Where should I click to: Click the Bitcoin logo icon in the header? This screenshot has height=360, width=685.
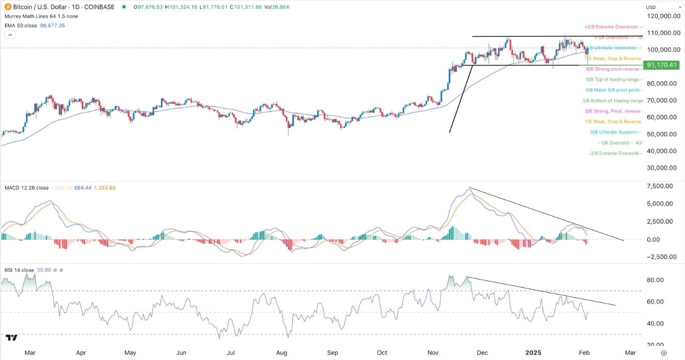[8, 7]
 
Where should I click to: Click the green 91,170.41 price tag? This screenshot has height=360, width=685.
[662, 65]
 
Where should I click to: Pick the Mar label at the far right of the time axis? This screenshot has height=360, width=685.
[630, 352]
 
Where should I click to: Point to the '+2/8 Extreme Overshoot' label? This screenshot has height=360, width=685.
[613, 27]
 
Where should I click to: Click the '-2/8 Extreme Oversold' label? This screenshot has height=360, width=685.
[615, 153]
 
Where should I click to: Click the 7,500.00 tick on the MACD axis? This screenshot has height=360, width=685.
[660, 186]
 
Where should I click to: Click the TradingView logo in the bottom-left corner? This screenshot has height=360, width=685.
[12, 338]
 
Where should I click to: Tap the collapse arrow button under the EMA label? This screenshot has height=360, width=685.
[10, 35]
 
